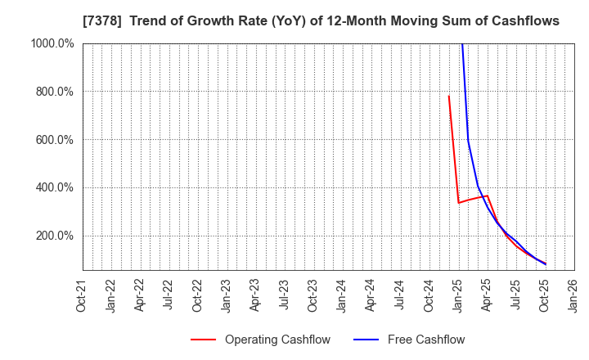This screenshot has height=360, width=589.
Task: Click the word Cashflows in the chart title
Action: pos(528,21)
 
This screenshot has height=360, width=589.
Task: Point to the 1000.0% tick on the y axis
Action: pos(54,43)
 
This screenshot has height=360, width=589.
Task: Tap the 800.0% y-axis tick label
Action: pos(56,92)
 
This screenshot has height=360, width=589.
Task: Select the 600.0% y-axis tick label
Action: pos(56,140)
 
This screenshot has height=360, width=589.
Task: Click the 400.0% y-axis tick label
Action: pos(56,187)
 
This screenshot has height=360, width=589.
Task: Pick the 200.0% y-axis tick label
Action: pos(56,236)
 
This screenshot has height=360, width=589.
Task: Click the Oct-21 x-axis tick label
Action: pos(82,295)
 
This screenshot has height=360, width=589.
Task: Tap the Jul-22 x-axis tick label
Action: pos(169,295)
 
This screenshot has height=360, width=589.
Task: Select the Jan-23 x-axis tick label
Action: pos(227,295)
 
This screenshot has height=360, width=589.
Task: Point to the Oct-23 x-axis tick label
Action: pos(313,295)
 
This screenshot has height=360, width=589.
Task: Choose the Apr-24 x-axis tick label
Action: pos(371,295)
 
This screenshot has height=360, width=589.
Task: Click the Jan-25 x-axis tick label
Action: pos(458,295)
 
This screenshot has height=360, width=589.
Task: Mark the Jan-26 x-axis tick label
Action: pos(573,295)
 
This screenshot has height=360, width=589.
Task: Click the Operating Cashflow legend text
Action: pos(278,340)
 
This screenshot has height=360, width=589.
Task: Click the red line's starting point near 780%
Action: pos(448,97)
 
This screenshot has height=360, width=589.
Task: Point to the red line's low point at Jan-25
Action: pos(458,203)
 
